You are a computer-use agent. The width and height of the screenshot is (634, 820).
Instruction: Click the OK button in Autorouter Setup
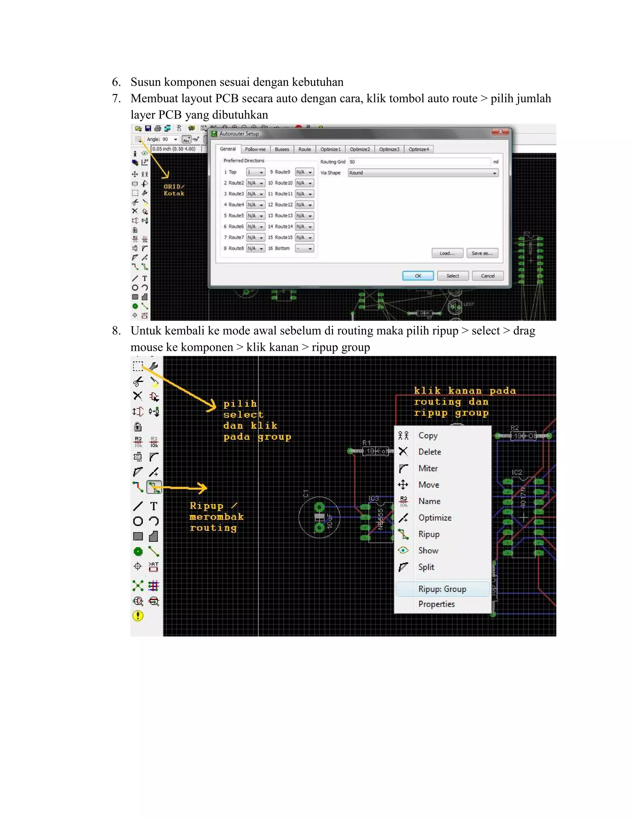tap(418, 276)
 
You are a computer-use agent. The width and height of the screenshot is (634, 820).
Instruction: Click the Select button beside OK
tap(453, 276)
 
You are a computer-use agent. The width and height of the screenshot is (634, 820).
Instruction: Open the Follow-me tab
tap(255, 149)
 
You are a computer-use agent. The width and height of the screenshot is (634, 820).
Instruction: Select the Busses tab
tap(282, 149)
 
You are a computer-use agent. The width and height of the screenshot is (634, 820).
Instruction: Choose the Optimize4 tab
tap(419, 149)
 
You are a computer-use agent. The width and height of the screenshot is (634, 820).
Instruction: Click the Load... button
tap(447, 253)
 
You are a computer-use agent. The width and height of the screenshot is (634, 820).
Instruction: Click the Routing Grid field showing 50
tap(419, 162)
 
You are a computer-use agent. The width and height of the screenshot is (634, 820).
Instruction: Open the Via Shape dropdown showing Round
tap(423, 173)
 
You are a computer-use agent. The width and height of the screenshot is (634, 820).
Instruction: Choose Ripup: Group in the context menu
tap(442, 589)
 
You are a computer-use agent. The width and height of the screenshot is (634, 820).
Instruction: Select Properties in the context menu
tap(436, 604)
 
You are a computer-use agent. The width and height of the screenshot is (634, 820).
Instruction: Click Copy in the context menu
tap(428, 436)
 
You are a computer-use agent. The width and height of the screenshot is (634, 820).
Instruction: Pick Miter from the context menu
tap(428, 468)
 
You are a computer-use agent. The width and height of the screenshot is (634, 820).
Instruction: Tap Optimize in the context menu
tap(435, 518)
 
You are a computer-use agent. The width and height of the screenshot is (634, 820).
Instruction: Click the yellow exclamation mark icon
tap(138, 616)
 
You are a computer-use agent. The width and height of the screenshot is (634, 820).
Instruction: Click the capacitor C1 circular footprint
tap(319, 517)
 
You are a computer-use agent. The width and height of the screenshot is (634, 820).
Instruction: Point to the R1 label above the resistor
tap(366, 443)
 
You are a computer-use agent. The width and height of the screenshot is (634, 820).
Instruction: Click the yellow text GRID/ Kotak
tap(174, 190)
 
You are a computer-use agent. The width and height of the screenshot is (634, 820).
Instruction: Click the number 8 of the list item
tap(116, 331)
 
